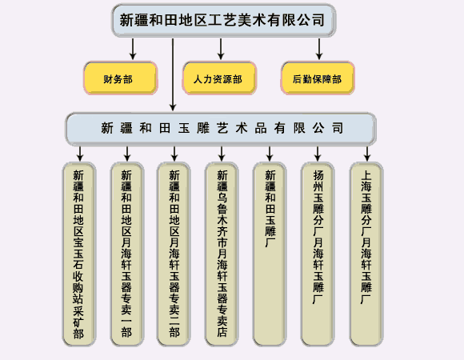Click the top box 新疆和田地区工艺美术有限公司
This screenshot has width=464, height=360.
coord(224,20)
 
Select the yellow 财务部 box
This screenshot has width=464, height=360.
coord(121,78)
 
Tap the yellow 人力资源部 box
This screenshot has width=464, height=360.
coord(219,78)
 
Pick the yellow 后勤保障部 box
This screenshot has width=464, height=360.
coord(318,78)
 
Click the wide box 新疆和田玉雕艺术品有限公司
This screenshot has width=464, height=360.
coord(221,129)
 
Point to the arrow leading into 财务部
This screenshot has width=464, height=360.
coord(133,49)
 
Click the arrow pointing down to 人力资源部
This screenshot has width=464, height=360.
coord(221,49)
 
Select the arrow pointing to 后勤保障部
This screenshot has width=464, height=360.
coord(319,49)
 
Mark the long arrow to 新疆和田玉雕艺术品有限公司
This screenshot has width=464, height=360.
coord(173,74)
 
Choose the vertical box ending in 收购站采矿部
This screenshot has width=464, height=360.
coord(79,254)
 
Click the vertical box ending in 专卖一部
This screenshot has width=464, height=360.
coord(127,254)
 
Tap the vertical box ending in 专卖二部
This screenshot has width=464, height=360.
coord(174,254)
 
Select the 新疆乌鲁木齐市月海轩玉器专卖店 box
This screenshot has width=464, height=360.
coord(222,254)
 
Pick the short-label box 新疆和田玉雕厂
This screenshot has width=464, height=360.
coord(270,254)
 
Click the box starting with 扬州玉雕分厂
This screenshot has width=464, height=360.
coord(318,254)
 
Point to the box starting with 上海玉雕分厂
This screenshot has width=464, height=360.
coord(366,254)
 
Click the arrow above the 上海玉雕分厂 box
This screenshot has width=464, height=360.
coord(367,154)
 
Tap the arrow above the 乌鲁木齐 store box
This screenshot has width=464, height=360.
coord(222,154)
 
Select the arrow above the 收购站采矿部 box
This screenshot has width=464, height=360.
coord(80,154)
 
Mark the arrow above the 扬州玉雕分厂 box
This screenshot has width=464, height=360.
coord(318,154)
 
